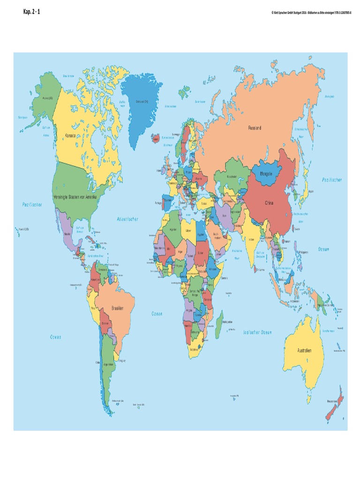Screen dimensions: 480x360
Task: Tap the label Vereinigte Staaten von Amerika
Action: (75, 197)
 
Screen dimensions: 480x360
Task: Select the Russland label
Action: (255, 127)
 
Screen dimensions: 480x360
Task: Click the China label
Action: (269, 203)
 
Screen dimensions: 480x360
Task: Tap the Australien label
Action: (304, 350)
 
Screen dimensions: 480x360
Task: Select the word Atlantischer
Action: (127, 219)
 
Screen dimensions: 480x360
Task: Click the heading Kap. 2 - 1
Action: (31, 11)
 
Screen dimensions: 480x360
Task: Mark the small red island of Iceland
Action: (155, 139)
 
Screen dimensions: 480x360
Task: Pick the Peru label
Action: (93, 308)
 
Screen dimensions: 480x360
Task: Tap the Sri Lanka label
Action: (258, 270)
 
